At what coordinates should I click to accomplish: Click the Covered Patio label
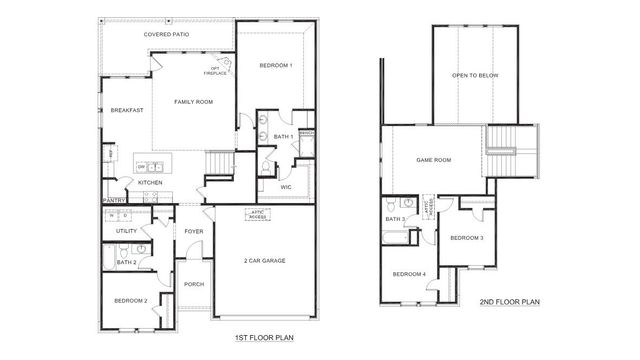pyautogui.click(x=166, y=35)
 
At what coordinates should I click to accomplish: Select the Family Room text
pyautogui.click(x=193, y=101)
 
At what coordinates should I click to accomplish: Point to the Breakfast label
pyautogui.click(x=126, y=110)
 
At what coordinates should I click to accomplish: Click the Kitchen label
pyautogui.click(x=150, y=183)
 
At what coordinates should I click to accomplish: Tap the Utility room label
pyautogui.click(x=126, y=231)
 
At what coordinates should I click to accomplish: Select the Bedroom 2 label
pyautogui.click(x=131, y=300)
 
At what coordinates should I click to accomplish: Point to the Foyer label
pyautogui.click(x=193, y=231)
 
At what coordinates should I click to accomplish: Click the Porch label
pyautogui.click(x=194, y=284)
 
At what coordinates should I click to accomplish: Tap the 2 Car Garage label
pyautogui.click(x=264, y=260)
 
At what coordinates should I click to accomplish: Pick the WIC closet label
pyautogui.click(x=285, y=186)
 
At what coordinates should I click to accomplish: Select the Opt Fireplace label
pyautogui.click(x=215, y=71)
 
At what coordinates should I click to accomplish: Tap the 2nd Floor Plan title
pyautogui.click(x=509, y=301)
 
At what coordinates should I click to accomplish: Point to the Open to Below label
pyautogui.click(x=475, y=75)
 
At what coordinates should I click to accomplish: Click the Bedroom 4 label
pyautogui.click(x=408, y=274)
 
